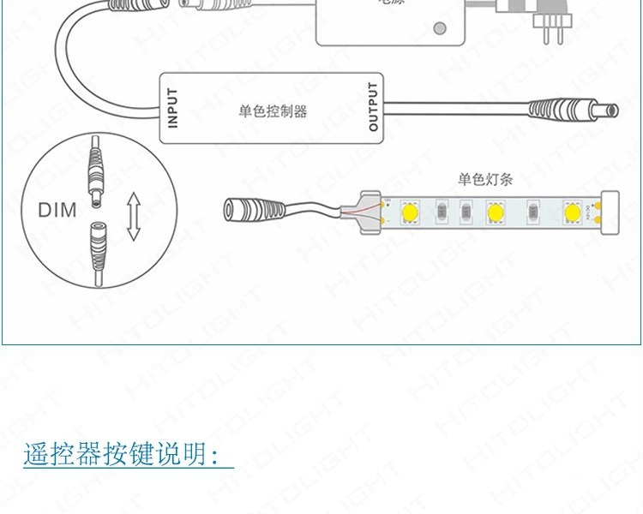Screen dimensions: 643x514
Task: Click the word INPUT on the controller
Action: [x=172, y=108]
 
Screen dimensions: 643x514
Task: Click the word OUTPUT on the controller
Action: [x=373, y=107]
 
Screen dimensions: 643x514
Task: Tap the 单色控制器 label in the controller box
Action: [x=273, y=111]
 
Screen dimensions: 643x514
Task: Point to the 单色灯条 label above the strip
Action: [x=485, y=179]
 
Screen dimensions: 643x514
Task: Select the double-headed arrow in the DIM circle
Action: [x=133, y=217]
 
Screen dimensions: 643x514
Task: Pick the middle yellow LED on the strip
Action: [x=494, y=211]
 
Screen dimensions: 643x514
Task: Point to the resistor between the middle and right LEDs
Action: [x=532, y=211]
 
